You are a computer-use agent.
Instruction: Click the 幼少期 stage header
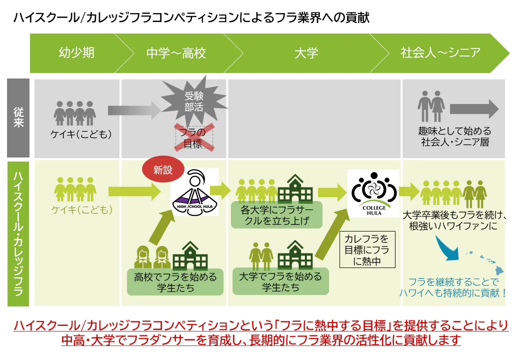pyautogui.click(x=76, y=53)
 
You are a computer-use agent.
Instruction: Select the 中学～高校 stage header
pyautogui.click(x=176, y=53)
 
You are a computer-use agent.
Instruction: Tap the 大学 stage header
pyautogui.click(x=306, y=53)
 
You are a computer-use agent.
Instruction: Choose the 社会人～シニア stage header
pyautogui.click(x=440, y=53)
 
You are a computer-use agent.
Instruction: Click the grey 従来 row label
pyautogui.click(x=18, y=118)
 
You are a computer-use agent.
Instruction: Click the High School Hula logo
pyautogui.click(x=194, y=192)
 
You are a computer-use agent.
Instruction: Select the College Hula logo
pyautogui.click(x=374, y=192)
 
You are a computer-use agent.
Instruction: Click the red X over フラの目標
pyautogui.click(x=193, y=137)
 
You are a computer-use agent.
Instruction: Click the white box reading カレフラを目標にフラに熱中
pyautogui.click(x=366, y=250)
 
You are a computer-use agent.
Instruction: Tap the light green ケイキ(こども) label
pyautogui.click(x=81, y=209)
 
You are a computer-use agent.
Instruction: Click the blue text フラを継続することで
pyautogui.click(x=453, y=281)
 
